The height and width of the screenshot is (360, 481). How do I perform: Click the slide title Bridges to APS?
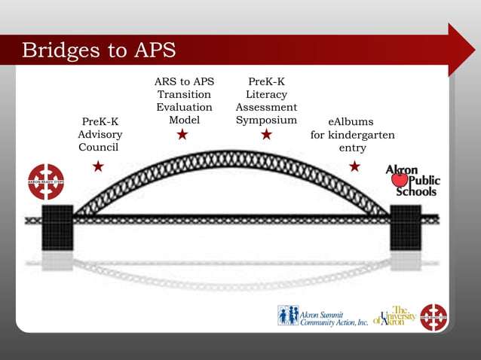click(x=99, y=50)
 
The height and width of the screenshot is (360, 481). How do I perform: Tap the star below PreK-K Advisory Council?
click(x=98, y=166)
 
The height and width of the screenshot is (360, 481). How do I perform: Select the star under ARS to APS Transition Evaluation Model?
click(x=182, y=135)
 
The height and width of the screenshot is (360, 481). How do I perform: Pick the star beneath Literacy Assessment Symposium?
click(x=266, y=135)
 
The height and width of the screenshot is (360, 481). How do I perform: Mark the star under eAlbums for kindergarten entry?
click(x=354, y=166)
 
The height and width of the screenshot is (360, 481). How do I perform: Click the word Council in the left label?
click(x=98, y=148)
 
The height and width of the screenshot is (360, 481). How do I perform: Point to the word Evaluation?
click(x=185, y=107)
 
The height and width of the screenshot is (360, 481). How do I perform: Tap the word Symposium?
click(x=266, y=121)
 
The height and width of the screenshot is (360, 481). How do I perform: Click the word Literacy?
click(x=266, y=94)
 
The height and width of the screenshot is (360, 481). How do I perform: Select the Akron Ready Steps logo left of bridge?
click(x=46, y=182)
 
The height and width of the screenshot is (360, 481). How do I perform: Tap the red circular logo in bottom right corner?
click(x=434, y=317)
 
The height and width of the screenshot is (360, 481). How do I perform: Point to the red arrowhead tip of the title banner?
click(x=467, y=50)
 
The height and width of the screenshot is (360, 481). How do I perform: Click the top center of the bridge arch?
click(x=231, y=159)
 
